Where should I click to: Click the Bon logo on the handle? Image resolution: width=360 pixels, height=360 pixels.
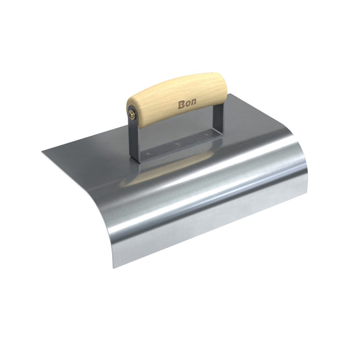pyautogui.click(x=186, y=104)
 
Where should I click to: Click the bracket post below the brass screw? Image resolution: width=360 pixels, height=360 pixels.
pyautogui.click(x=139, y=135)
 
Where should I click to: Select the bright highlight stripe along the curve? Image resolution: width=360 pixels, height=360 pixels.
pyautogui.click(x=203, y=182)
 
